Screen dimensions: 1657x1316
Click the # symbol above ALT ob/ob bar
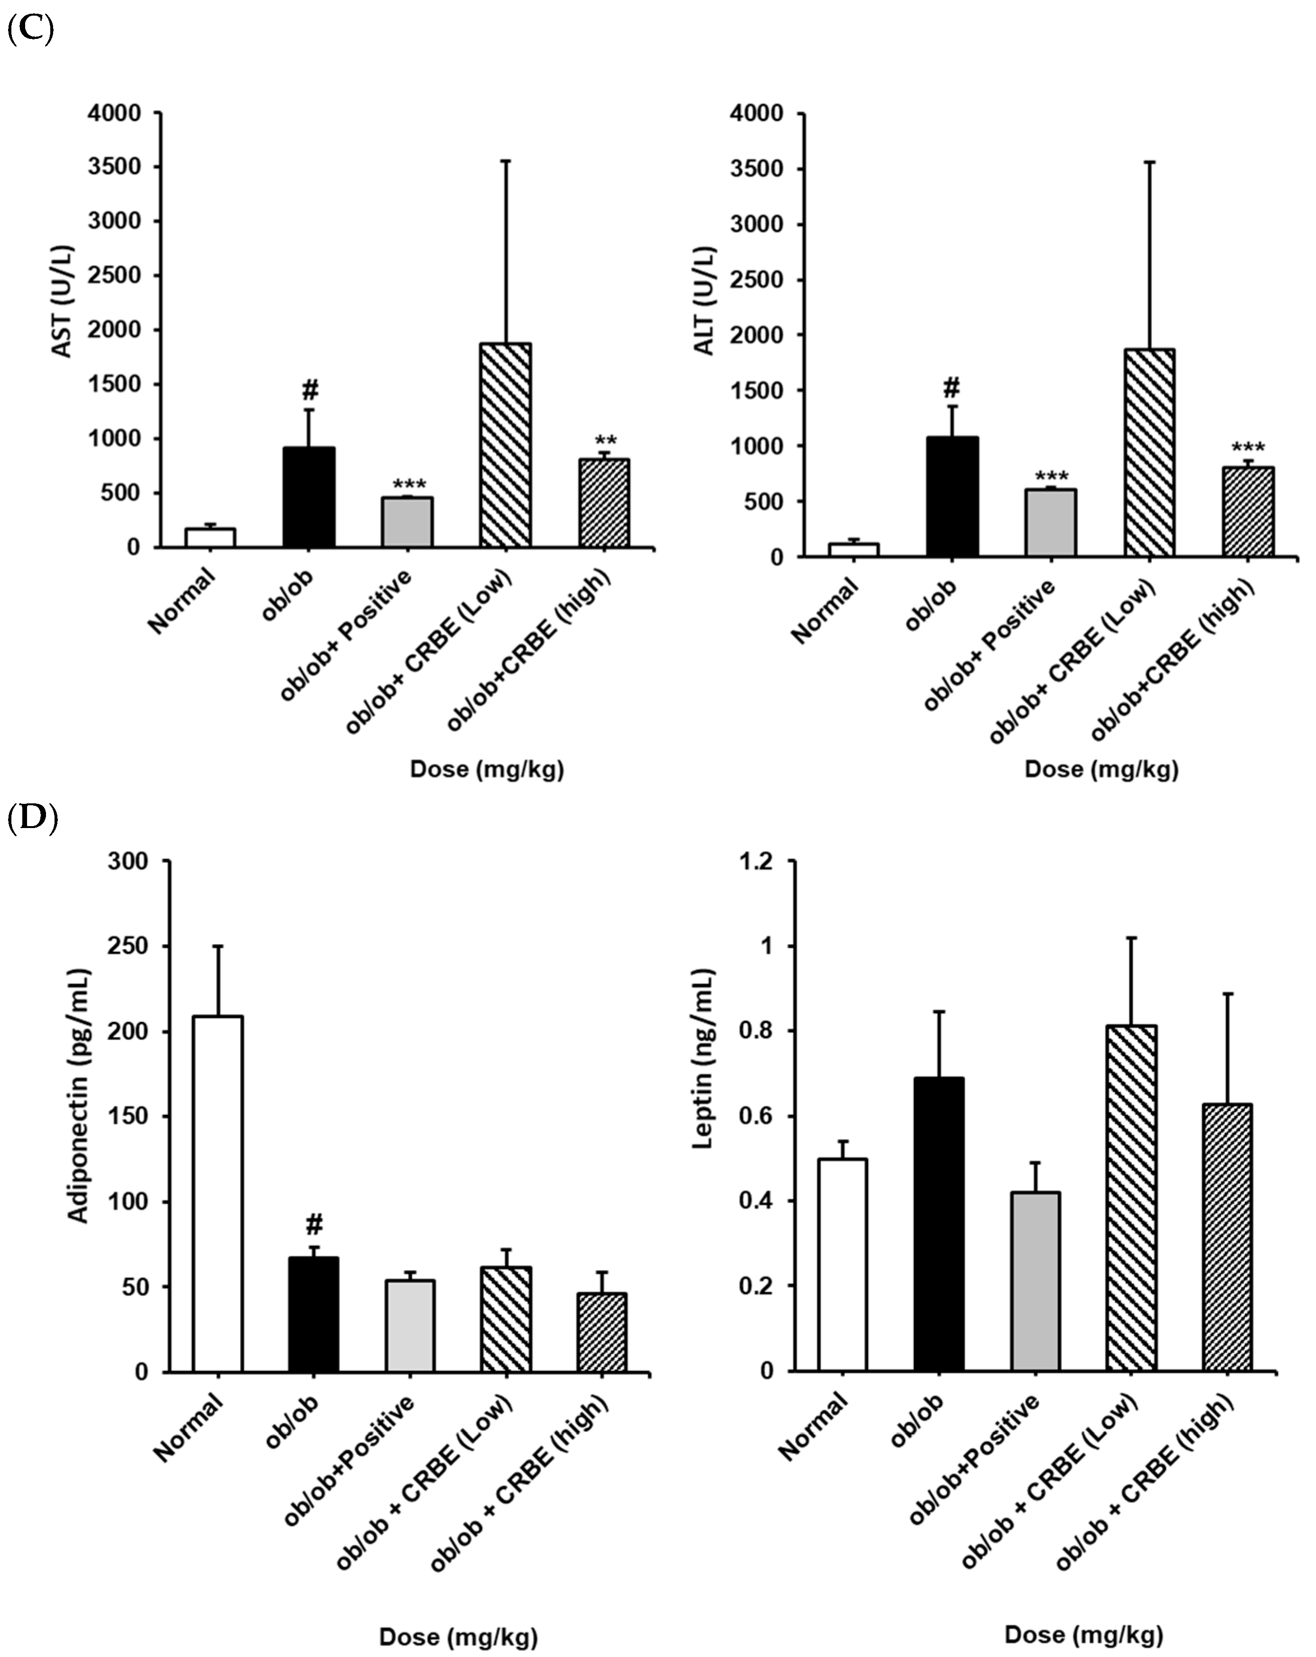click(952, 387)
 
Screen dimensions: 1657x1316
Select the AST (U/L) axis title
click(62, 301)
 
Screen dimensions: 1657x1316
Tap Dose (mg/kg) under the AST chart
click(487, 769)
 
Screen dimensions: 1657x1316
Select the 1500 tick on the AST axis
click(115, 384)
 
